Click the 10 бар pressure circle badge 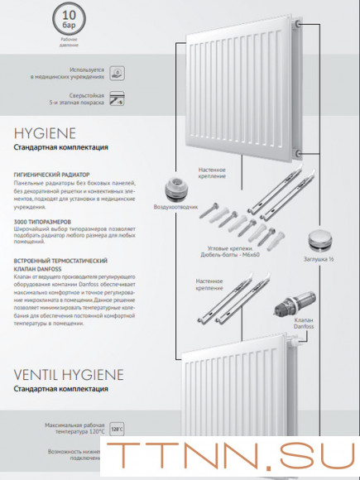tap(70, 18)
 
